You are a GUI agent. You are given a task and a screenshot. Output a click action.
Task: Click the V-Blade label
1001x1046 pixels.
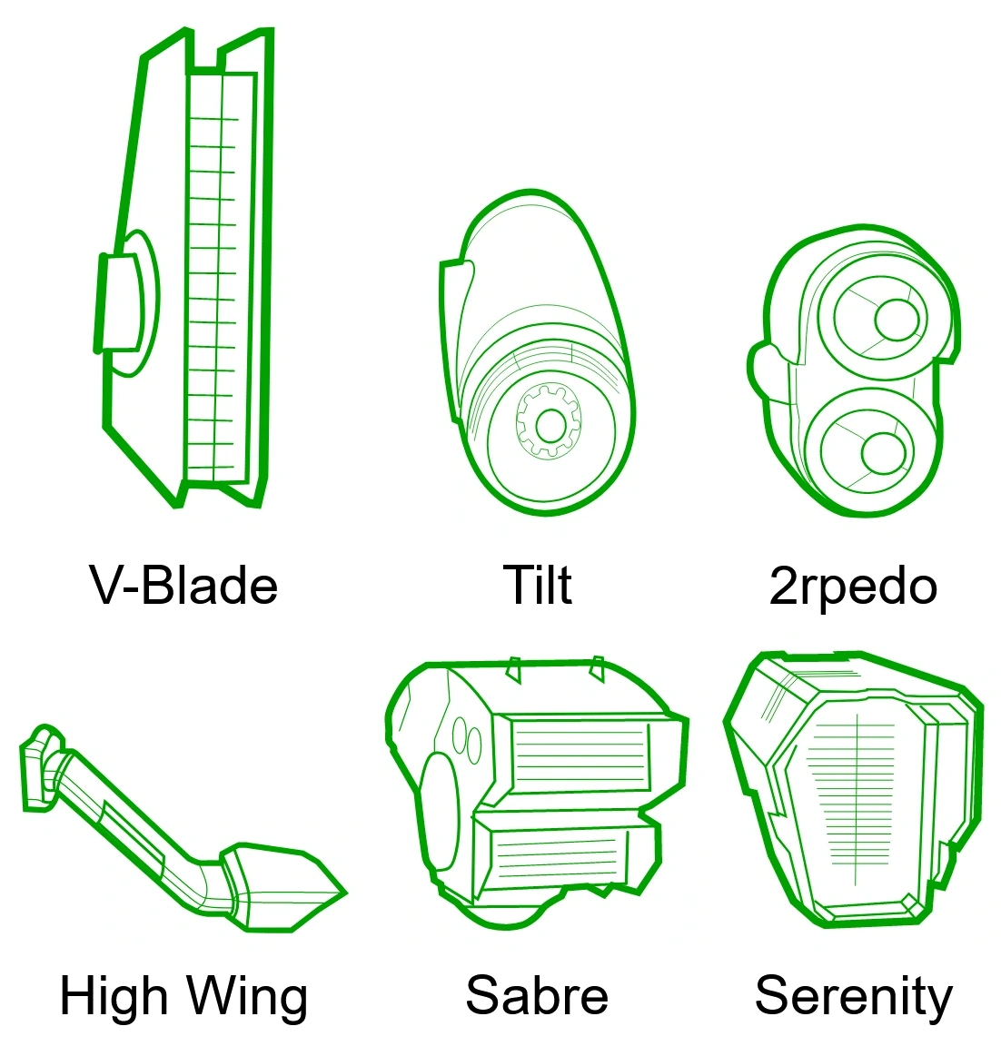pyautogui.click(x=183, y=585)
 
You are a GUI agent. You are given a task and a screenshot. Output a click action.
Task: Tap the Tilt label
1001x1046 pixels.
pyautogui.click(x=537, y=585)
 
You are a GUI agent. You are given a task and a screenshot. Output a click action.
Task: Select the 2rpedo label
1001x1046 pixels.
pyautogui.click(x=853, y=586)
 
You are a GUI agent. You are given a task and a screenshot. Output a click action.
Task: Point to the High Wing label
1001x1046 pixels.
pyautogui.click(x=183, y=996)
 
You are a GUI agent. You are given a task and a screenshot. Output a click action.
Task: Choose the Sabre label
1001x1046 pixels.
pyautogui.click(x=537, y=995)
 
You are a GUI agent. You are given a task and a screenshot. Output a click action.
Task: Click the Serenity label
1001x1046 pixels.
pyautogui.click(x=853, y=996)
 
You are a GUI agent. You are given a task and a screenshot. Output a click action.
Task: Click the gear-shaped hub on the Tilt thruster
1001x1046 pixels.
pyautogui.click(x=550, y=423)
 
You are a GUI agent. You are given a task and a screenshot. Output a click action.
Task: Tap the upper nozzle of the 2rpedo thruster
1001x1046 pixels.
pyautogui.click(x=896, y=319)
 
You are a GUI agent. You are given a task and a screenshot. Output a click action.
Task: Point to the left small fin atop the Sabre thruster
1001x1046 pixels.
pyautogui.click(x=513, y=669)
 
